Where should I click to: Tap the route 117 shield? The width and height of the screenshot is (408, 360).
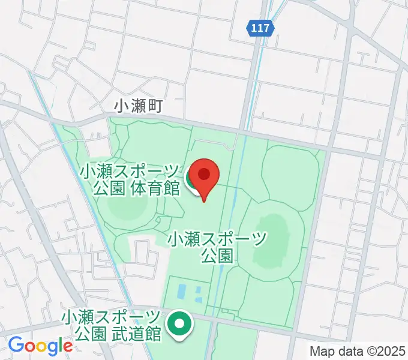click(x=261, y=28)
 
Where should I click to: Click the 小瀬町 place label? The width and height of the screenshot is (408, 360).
click(x=139, y=106)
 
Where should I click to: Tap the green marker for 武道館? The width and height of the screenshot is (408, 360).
click(x=179, y=324)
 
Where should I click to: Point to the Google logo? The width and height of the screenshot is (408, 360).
click(x=40, y=346)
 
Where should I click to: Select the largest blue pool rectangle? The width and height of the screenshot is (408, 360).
click(x=181, y=293)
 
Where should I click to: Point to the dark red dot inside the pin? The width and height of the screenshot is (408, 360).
click(x=205, y=175)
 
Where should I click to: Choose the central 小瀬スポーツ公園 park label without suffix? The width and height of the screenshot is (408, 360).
click(x=217, y=247)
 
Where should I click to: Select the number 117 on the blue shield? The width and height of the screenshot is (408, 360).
click(x=261, y=28)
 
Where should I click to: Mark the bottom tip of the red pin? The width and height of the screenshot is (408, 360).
click(x=204, y=200)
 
